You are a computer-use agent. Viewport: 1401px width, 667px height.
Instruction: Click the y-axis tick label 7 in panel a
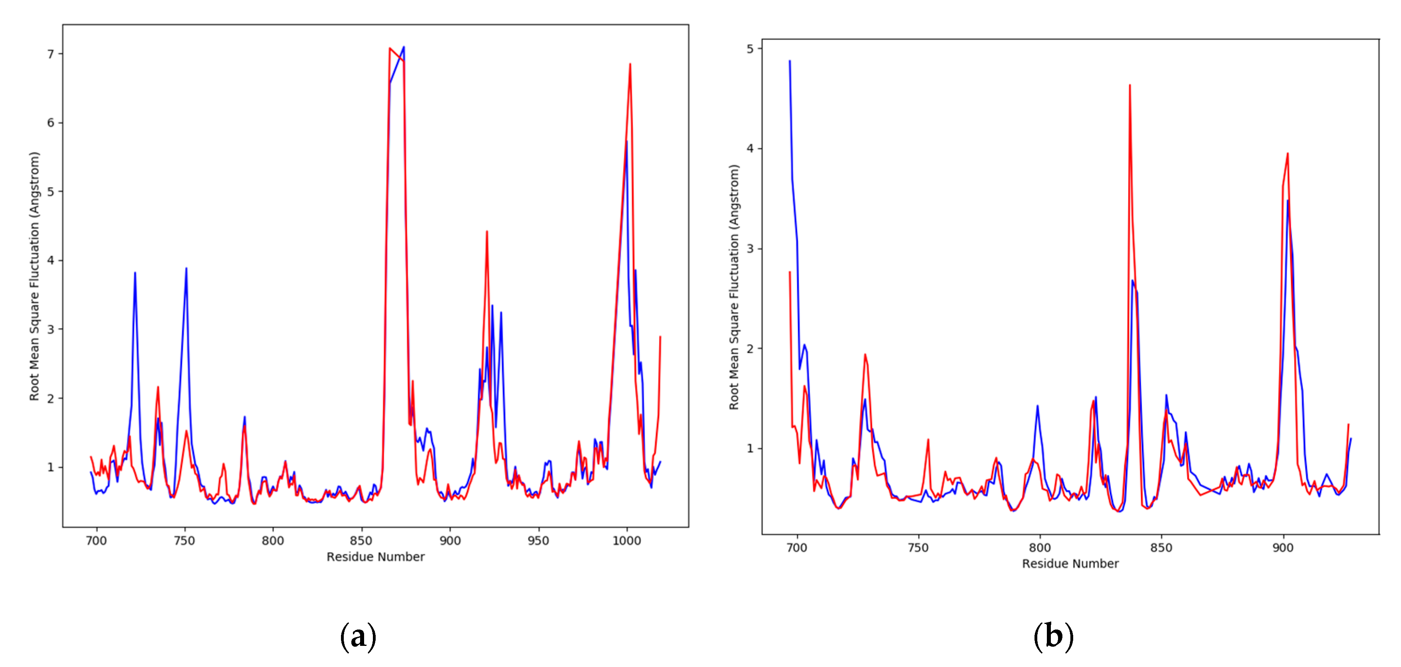(x=51, y=54)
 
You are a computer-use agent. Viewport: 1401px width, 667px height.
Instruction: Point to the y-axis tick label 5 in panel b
(x=751, y=49)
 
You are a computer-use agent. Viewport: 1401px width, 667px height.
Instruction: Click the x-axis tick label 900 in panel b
(x=1283, y=548)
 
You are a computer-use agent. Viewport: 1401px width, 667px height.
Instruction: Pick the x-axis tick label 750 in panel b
(x=918, y=548)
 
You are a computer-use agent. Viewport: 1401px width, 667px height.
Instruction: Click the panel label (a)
(x=358, y=636)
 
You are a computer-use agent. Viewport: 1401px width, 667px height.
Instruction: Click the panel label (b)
(x=1054, y=636)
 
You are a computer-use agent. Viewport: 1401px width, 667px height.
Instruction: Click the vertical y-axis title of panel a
(x=35, y=276)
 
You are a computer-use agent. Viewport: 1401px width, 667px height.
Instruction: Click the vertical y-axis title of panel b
(x=734, y=287)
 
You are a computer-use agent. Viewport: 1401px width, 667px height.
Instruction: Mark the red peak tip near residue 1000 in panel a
(x=630, y=64)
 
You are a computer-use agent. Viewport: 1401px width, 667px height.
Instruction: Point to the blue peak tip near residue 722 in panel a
(x=135, y=273)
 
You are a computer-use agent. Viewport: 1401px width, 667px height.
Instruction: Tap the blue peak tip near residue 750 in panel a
(x=186, y=268)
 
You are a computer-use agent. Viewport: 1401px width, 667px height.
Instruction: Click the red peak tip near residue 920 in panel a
(x=487, y=232)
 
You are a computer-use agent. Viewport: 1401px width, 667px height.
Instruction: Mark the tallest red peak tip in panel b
(x=1129, y=85)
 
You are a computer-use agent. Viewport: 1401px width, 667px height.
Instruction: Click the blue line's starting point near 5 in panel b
(x=790, y=61)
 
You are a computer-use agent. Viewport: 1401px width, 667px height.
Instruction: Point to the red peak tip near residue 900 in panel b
(x=1287, y=154)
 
